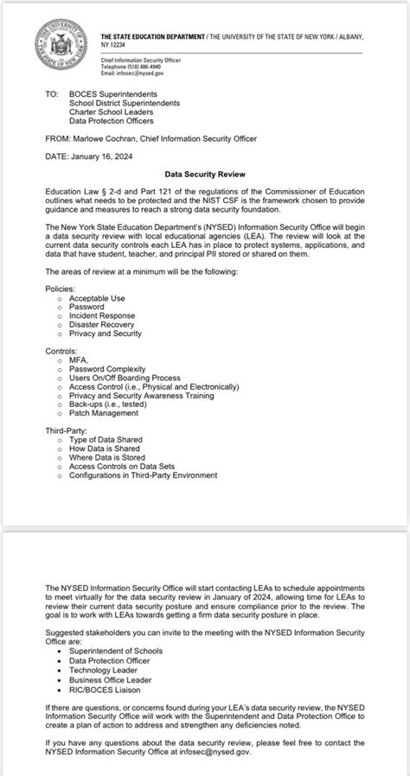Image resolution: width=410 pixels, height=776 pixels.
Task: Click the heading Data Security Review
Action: [204, 173]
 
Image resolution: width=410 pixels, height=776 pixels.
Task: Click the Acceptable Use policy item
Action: [97, 298]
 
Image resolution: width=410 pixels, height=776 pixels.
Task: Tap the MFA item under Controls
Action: [80, 359]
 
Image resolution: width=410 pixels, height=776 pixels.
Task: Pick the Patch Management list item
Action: [104, 413]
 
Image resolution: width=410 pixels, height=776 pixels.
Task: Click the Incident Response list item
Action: [102, 315]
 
